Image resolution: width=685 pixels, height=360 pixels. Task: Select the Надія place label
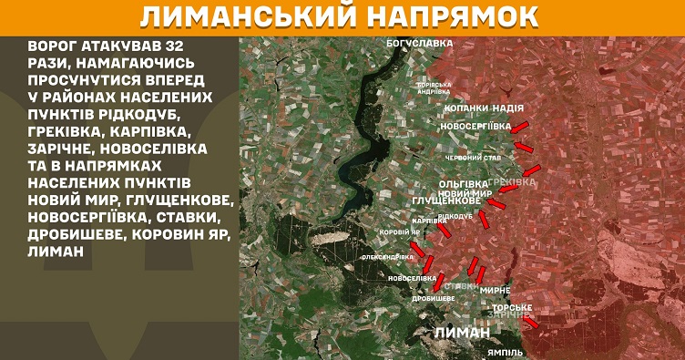pos(509,107)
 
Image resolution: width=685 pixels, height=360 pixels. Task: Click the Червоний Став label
pos(472,157)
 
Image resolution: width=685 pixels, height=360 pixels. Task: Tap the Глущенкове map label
pos(446,200)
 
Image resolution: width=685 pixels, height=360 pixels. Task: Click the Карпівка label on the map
pos(428,221)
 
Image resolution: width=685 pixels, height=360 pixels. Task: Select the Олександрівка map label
pos(383,258)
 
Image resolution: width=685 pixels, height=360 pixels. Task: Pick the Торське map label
pos(512,307)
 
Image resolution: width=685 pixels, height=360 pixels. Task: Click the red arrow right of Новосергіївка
pos(520,126)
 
